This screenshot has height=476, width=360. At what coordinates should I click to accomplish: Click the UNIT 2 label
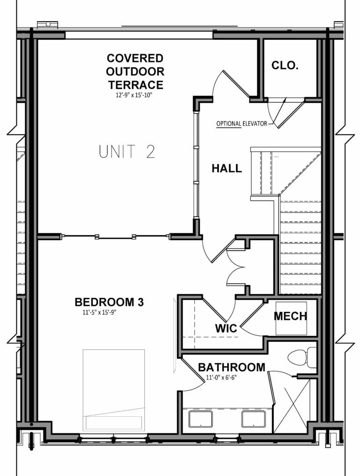[127, 152]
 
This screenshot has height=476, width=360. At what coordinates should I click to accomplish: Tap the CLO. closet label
[285, 66]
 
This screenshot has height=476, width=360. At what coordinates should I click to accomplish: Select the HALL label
[226, 168]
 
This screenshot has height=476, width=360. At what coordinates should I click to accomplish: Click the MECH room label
[291, 316]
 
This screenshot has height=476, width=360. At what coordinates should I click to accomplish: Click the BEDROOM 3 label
[109, 302]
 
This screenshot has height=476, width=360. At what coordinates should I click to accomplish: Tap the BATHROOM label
[232, 367]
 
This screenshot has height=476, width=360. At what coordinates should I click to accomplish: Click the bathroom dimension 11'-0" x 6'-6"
[217, 378]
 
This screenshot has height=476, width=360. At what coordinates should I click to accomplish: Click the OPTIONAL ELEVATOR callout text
[241, 124]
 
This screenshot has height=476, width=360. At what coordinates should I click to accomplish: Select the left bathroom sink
[201, 418]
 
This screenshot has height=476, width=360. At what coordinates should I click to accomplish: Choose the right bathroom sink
[254, 418]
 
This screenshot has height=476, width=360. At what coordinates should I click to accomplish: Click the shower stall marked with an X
[292, 406]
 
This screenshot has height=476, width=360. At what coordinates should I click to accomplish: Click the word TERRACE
[135, 85]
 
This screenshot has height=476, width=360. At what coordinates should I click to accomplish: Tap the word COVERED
[135, 59]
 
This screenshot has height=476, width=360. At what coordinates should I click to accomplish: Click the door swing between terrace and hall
[230, 84]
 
